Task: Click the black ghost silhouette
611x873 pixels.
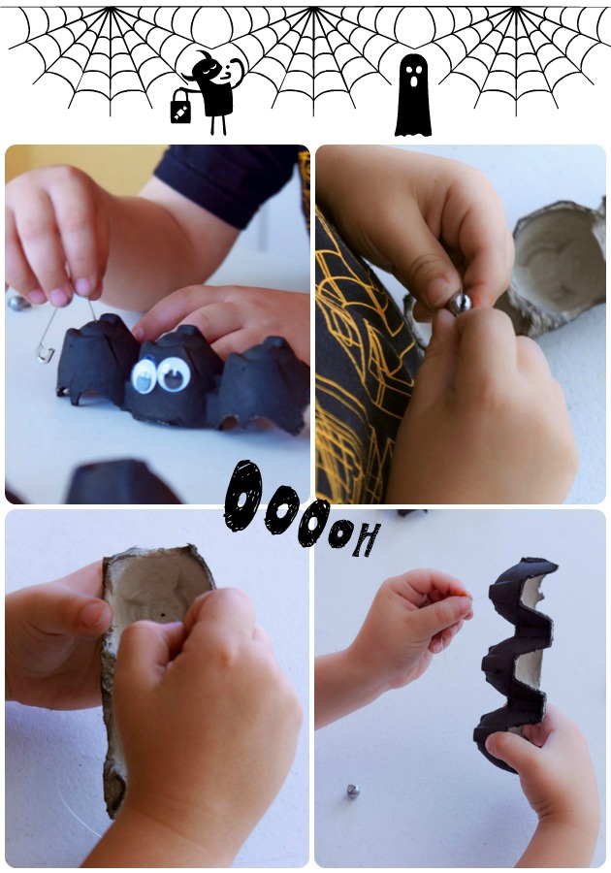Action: tap(413, 96)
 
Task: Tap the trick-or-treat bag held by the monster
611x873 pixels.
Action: tap(180, 108)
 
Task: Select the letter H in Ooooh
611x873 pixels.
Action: tap(368, 539)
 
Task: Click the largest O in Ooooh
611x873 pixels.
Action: tap(243, 496)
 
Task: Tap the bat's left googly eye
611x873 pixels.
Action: tap(145, 376)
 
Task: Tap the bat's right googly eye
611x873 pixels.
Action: tap(175, 373)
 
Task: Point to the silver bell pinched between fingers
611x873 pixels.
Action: tap(460, 304)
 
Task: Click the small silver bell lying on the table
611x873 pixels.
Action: tap(353, 791)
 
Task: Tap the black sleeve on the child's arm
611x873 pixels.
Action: tap(228, 179)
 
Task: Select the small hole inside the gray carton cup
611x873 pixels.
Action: tap(164, 616)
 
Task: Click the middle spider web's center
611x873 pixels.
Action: tap(313, 10)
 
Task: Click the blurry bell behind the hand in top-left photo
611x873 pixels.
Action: tap(18, 303)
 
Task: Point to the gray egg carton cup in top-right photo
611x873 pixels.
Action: tap(557, 268)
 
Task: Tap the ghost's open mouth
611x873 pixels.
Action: tap(413, 81)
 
